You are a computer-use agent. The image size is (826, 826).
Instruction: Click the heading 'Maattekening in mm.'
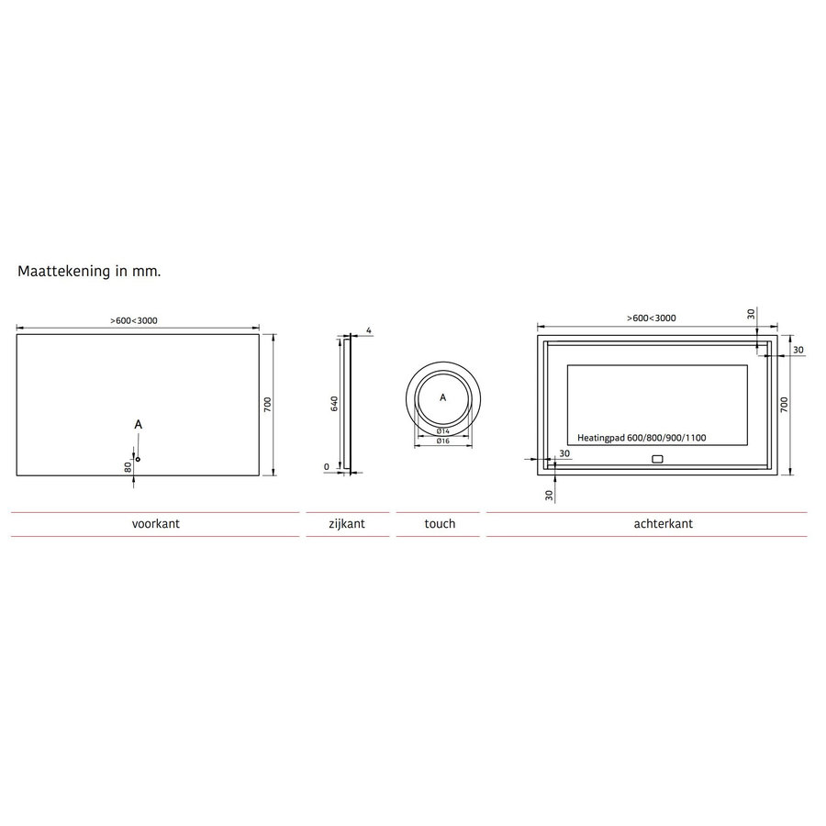[x=90, y=272]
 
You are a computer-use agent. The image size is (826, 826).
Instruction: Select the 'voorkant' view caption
[x=155, y=524]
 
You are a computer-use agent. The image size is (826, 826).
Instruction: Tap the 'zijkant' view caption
[x=347, y=524]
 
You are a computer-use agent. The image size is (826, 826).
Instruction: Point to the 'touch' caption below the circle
[x=440, y=524]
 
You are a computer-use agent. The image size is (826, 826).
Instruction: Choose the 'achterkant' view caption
[x=663, y=524]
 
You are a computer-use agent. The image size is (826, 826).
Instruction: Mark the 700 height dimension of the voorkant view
[x=267, y=405]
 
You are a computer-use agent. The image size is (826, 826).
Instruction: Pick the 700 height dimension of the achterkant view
[x=784, y=405]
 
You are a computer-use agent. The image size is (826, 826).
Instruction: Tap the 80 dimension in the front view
[x=129, y=466]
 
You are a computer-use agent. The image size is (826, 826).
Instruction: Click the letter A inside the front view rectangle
[x=138, y=424]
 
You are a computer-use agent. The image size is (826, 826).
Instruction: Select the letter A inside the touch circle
[x=442, y=397]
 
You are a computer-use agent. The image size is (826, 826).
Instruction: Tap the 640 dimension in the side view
[x=336, y=404]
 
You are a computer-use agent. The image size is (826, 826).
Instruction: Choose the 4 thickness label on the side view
[x=367, y=329]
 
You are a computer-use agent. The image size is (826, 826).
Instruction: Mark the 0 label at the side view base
[x=327, y=466]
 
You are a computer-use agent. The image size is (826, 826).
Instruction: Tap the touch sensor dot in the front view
[x=138, y=458]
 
